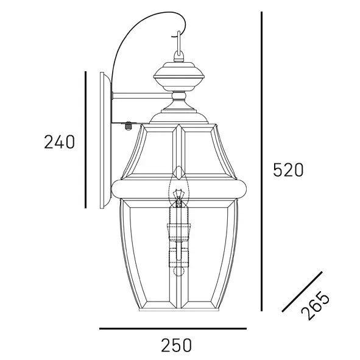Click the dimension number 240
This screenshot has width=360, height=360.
(x=59, y=142)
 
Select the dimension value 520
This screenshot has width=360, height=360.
(x=287, y=170)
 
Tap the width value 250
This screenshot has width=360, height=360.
(x=176, y=345)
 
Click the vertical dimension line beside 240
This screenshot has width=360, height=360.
(x=85, y=140)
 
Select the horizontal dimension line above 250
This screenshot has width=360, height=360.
(x=172, y=329)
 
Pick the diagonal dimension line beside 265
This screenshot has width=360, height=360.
(x=302, y=292)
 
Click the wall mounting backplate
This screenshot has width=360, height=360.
(x=106, y=140)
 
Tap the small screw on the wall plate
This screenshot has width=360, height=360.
(x=128, y=127)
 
